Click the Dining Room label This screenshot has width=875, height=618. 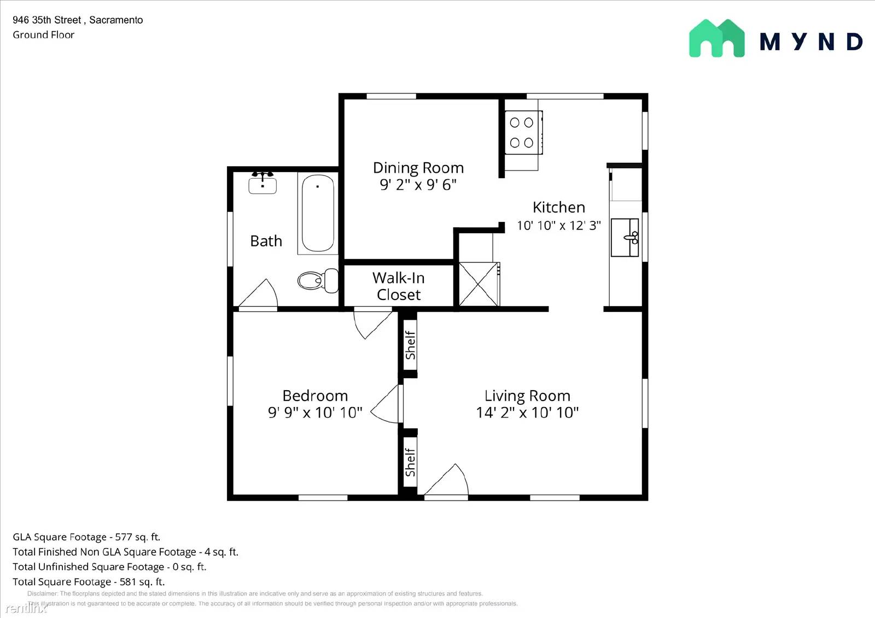point(418,168)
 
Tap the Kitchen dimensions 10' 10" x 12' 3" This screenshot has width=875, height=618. point(558,225)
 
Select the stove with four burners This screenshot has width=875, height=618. point(522,133)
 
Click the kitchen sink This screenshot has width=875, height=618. point(625,237)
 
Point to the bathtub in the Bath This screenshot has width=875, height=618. point(318,213)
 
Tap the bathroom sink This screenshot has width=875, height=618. point(262,184)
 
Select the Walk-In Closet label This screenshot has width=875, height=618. point(399,286)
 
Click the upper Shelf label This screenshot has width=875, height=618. point(410,345)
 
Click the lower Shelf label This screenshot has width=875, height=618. point(410,462)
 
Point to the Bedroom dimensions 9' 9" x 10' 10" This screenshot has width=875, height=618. point(315,413)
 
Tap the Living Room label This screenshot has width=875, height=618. point(527,396)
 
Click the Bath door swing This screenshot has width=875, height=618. point(259,294)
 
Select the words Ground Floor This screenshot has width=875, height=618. point(43,35)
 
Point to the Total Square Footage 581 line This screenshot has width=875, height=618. point(89,581)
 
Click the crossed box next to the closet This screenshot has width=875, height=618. point(478,284)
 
